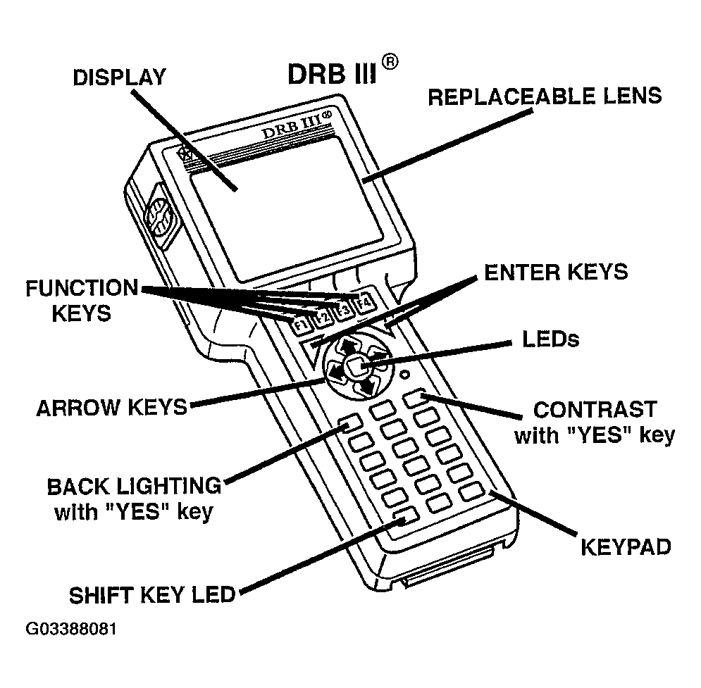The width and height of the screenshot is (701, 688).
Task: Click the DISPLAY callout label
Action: coord(119,77)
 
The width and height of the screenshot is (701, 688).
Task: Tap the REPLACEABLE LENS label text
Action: coord(545,96)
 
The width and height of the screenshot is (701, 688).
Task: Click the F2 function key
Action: coord(322,317)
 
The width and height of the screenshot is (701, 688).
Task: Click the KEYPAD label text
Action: coord(625,546)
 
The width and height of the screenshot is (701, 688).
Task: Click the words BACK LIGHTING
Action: coord(134,486)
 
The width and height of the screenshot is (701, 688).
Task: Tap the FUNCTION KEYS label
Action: coord(81,300)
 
